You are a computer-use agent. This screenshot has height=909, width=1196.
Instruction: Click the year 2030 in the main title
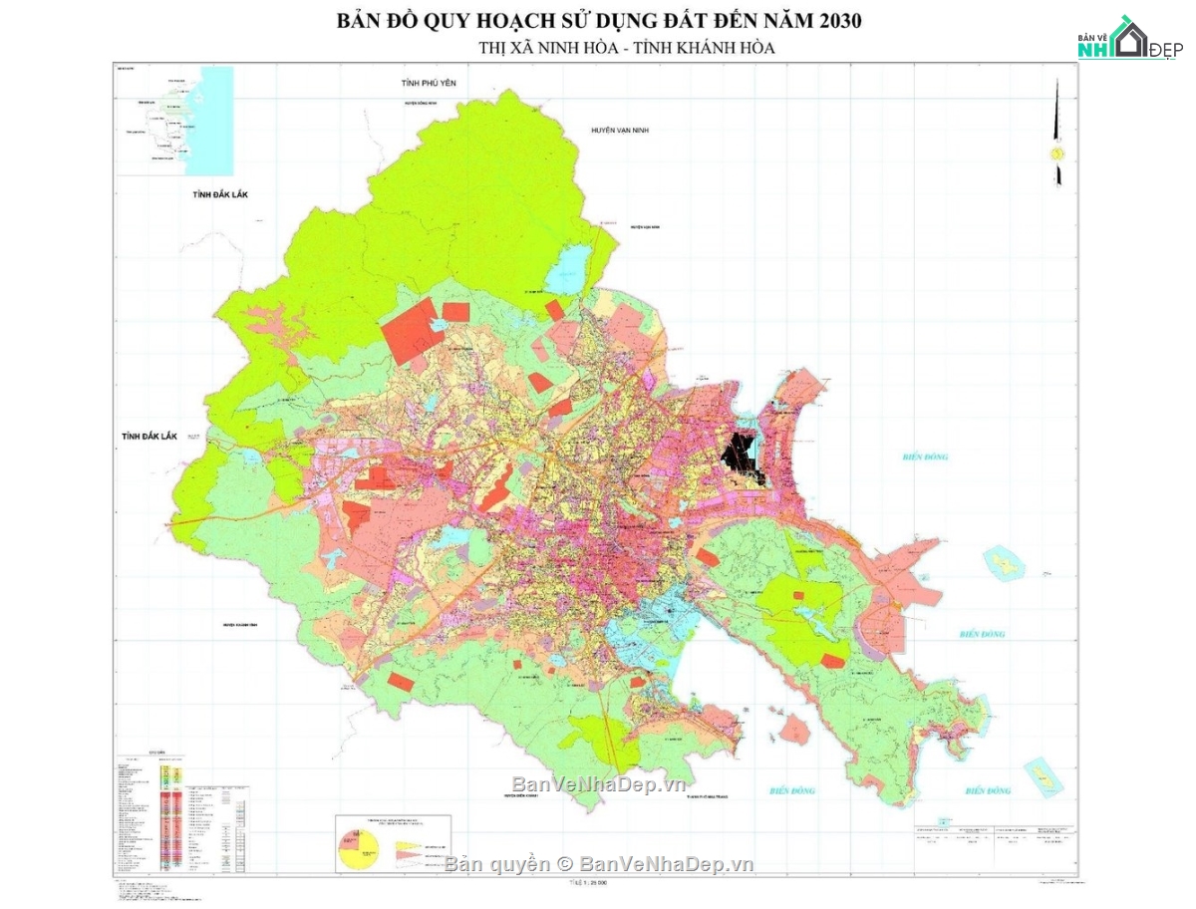click(833, 20)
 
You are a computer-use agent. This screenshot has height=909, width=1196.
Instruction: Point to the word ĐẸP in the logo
click(1163, 51)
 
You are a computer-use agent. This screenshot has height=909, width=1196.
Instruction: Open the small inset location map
click(174, 120)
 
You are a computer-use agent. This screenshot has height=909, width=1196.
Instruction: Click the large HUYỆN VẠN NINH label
click(619, 131)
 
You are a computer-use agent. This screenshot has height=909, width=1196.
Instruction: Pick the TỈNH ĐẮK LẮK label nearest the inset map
click(219, 196)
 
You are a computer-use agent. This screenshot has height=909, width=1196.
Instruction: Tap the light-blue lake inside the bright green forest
click(572, 266)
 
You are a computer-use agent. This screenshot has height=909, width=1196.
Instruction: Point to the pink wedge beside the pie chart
click(411, 849)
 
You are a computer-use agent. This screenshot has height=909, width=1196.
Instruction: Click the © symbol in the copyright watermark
click(564, 864)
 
